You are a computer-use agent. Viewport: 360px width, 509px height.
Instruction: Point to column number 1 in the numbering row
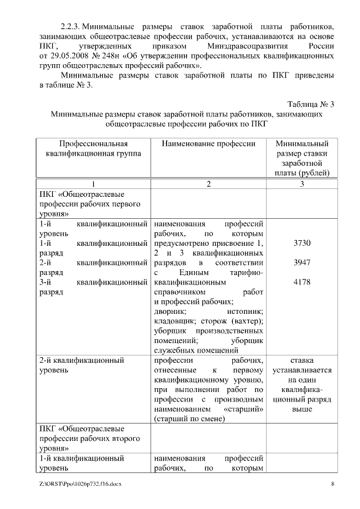click(93, 184)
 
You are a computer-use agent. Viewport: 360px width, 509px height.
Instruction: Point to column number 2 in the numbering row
click(208, 184)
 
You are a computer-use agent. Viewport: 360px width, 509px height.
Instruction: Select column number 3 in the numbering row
click(301, 184)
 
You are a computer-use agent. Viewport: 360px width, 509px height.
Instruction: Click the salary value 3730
click(301, 243)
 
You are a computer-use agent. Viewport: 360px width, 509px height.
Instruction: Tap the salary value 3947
click(301, 263)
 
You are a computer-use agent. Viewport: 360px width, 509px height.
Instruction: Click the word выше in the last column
click(301, 410)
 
